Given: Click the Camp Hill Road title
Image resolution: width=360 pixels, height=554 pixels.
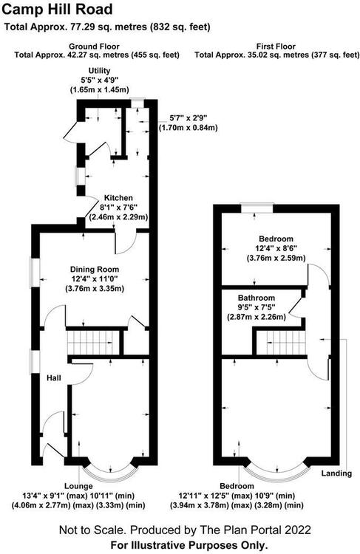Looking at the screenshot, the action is click(x=57, y=10).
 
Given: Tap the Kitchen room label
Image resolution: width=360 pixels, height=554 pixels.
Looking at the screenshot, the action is click(x=118, y=198).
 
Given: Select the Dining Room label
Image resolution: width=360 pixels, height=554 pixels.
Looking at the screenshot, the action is click(x=95, y=270).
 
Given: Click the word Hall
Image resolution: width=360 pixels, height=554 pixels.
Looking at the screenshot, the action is click(x=54, y=378).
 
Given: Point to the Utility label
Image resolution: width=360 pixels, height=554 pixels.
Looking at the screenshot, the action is click(x=99, y=71).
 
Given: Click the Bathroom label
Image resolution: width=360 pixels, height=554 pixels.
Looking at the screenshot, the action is click(x=257, y=298).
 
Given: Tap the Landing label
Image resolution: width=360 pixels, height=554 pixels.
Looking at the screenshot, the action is click(x=336, y=473).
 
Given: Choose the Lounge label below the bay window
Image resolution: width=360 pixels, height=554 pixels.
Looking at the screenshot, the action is click(x=78, y=486).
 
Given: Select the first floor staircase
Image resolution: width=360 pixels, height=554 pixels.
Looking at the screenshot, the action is click(x=280, y=343).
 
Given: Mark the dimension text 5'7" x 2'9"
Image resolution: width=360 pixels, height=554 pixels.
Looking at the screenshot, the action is click(x=189, y=118).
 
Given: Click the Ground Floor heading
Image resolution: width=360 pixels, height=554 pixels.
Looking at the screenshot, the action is click(x=94, y=47).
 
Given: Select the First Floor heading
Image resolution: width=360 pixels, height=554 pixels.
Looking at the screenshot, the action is click(x=276, y=47).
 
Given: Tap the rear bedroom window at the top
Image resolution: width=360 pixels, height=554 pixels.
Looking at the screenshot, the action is click(x=257, y=208).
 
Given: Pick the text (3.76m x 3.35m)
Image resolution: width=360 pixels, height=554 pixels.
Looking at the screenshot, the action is click(x=95, y=289).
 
